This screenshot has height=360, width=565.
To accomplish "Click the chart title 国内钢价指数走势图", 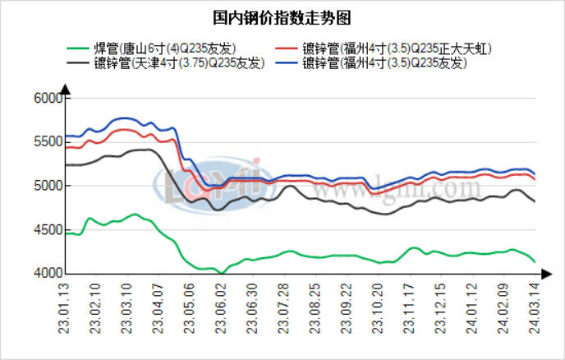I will (x=282, y=16).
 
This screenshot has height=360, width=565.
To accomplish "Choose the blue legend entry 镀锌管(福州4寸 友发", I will (x=385, y=62).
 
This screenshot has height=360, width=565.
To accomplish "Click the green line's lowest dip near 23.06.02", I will (x=221, y=272).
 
